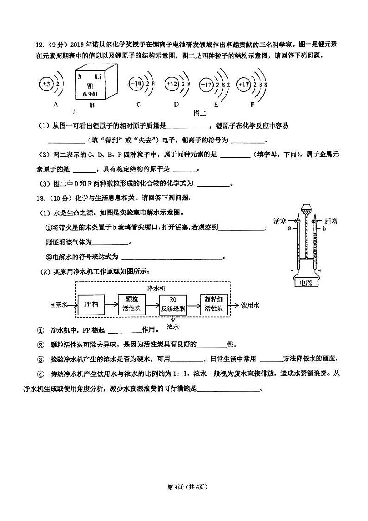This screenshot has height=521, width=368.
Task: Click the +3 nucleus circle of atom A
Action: coord(46,84)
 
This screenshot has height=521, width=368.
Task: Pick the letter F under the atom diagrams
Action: coord(253,105)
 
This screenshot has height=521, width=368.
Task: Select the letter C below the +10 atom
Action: coord(138,105)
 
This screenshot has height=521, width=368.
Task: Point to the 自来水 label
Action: coord(58,305)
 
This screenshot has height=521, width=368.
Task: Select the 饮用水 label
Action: coord(251,305)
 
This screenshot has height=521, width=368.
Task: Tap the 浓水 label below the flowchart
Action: coord(172,327)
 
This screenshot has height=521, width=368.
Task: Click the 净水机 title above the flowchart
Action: coord(153,289)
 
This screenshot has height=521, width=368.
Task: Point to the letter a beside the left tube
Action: coord(289,228)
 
